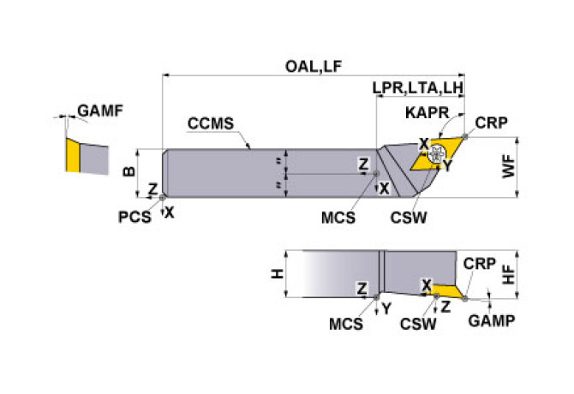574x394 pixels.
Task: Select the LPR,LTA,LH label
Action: tap(418, 89)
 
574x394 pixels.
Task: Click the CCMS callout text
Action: tap(210, 123)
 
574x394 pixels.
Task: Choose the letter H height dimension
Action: tap(277, 274)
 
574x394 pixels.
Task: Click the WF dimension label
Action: tap(509, 169)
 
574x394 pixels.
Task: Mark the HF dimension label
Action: tap(509, 273)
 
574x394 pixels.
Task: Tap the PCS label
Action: tap(135, 217)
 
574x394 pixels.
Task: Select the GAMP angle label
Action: tap(492, 320)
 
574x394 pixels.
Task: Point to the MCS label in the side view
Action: tap(345, 325)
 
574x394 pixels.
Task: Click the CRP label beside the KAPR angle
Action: tap(491, 122)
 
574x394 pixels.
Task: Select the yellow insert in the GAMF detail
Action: tap(72, 156)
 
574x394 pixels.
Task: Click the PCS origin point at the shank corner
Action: tap(163, 198)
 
